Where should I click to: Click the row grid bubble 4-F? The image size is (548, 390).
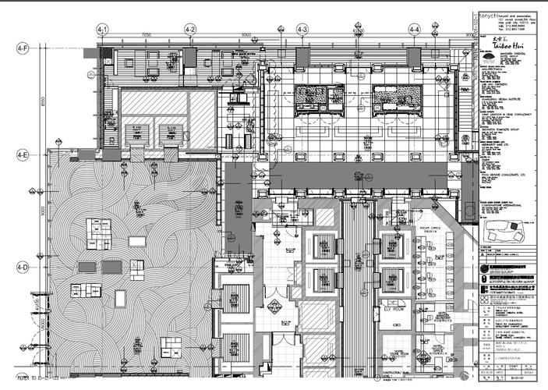(x=23, y=49)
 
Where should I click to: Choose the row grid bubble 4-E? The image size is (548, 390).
(x=23, y=156)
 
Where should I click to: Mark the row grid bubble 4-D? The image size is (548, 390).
(x=23, y=268)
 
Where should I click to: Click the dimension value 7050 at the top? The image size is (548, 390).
(x=146, y=35)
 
